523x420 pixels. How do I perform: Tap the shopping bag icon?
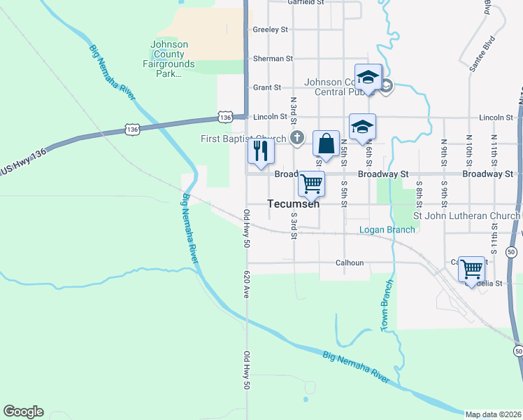(x=326, y=143)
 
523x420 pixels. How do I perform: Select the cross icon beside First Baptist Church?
(x=297, y=137)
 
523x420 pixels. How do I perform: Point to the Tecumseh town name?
(x=294, y=204)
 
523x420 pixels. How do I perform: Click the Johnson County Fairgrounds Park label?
(x=169, y=59)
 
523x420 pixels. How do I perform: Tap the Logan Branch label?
(x=387, y=230)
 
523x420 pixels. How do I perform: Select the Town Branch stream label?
(x=385, y=305)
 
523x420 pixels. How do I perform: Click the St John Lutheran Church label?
(x=466, y=216)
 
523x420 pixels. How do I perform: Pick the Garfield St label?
(x=306, y=2)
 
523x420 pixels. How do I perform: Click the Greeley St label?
(x=271, y=30)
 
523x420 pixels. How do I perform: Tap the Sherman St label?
(x=273, y=59)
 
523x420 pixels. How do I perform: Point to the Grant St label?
(x=267, y=87)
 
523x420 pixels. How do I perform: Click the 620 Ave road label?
(x=246, y=286)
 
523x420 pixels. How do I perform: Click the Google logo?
(x=23, y=412)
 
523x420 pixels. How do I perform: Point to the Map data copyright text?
(x=493, y=414)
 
